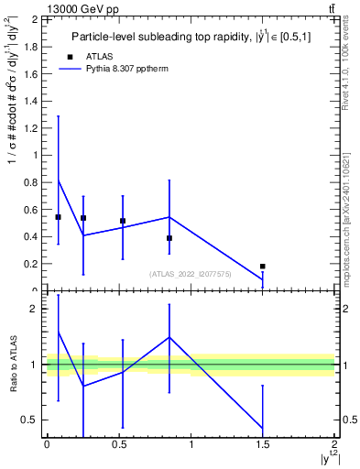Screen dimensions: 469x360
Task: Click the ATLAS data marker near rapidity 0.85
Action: (169, 238)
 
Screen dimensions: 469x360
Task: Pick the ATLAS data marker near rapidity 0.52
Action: (123, 221)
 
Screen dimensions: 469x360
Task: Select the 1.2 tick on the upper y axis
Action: (32, 127)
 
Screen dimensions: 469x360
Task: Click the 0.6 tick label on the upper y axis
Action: (32, 209)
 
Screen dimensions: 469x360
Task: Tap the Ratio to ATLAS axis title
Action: (12, 365)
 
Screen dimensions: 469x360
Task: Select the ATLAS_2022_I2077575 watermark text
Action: (191, 274)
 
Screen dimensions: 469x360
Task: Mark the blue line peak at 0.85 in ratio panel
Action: (169, 337)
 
